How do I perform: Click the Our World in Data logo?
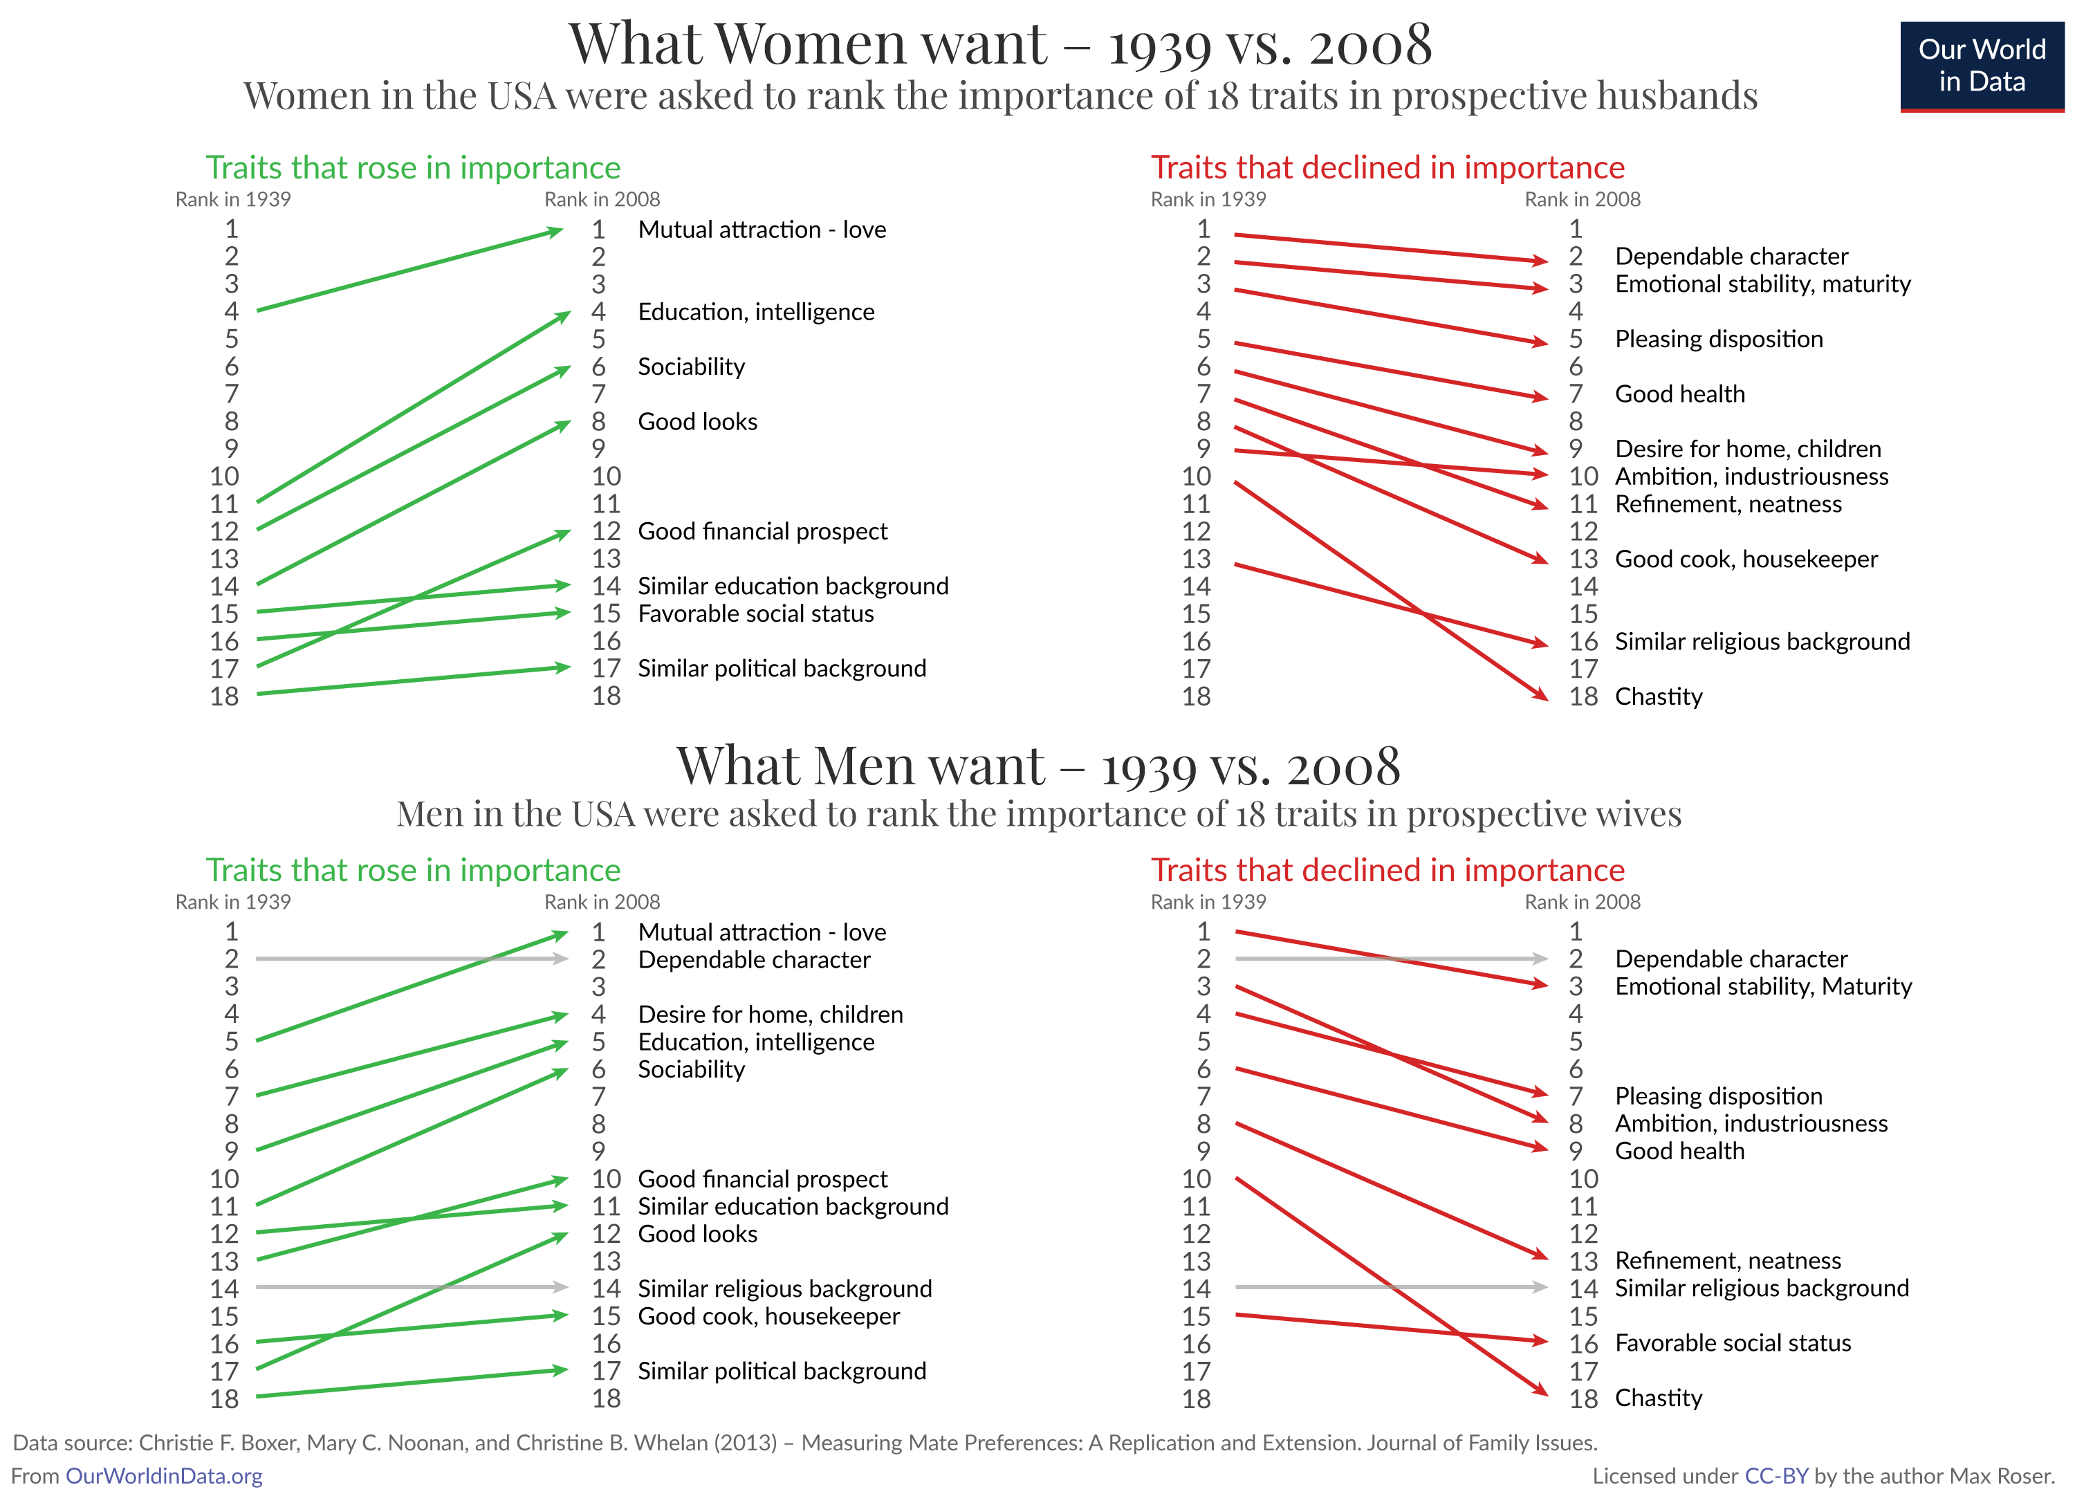tap(1981, 66)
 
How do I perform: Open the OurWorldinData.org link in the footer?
tap(164, 1476)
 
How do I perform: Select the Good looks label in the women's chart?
tap(697, 422)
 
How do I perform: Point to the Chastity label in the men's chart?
tap(1658, 1398)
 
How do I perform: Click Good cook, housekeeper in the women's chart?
tap(1746, 559)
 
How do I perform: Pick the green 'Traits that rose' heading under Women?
tap(413, 167)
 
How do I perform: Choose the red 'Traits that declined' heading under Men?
tap(1387, 870)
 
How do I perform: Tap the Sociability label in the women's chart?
tap(691, 367)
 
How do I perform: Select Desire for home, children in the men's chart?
tap(771, 1015)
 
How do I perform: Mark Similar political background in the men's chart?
tap(782, 1371)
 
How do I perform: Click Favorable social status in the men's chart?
tap(1732, 1343)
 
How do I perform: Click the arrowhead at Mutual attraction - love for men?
tap(560, 935)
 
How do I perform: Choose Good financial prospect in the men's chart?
tap(762, 1179)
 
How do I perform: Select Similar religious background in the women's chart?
tap(1762, 641)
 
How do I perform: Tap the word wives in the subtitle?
tap(1636, 813)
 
